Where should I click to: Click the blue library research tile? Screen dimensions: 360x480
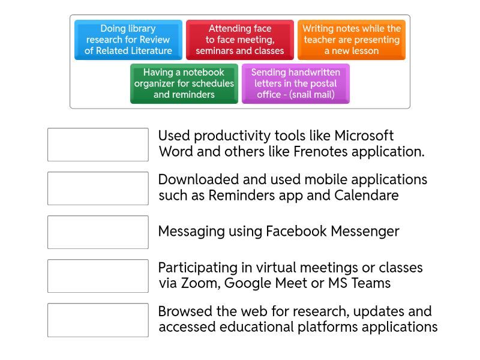click(128, 40)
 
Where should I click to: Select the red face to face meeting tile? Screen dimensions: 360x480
click(239, 40)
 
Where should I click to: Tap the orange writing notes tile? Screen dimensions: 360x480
click(352, 40)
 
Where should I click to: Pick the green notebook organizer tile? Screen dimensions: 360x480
click(184, 83)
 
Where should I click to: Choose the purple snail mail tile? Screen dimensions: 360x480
click(295, 83)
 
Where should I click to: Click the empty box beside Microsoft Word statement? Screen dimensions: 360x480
click(98, 145)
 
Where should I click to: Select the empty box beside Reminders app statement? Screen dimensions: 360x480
click(98, 188)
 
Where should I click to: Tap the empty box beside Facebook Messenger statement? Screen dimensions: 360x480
click(98, 232)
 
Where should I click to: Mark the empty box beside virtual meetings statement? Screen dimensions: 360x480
click(98, 276)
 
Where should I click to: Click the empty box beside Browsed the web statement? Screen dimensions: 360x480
click(98, 320)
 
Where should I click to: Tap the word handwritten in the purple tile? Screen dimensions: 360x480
click(313, 73)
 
